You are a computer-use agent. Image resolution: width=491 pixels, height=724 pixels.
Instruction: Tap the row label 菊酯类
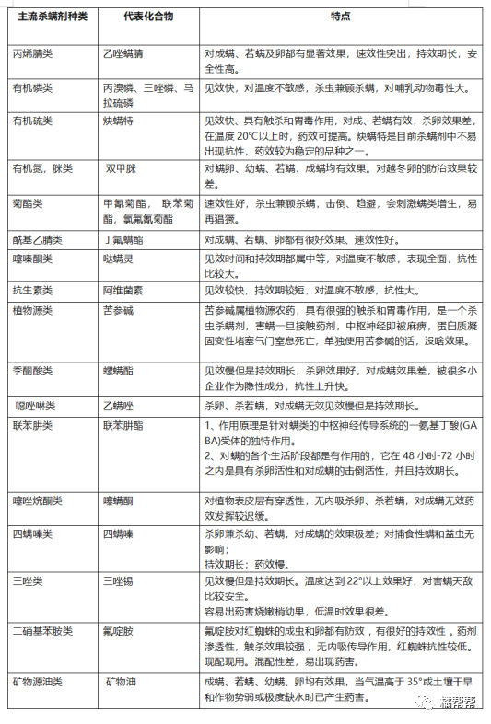click(27, 202)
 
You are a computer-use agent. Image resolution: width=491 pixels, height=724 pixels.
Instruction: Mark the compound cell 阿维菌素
click(123, 289)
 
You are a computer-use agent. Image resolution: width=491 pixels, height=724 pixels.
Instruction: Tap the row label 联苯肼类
click(32, 426)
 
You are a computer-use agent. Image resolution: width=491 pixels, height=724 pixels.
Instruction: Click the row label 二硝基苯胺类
click(41, 631)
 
